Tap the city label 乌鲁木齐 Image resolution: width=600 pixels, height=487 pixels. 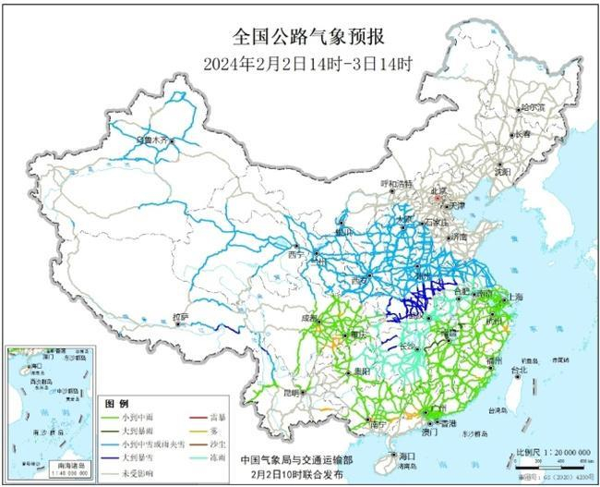click(x=152, y=140)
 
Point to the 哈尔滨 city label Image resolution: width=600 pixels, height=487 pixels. click(x=533, y=108)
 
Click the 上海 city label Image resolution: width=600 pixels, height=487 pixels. click(x=514, y=297)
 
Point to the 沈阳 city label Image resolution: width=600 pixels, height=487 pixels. click(x=527, y=171)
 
